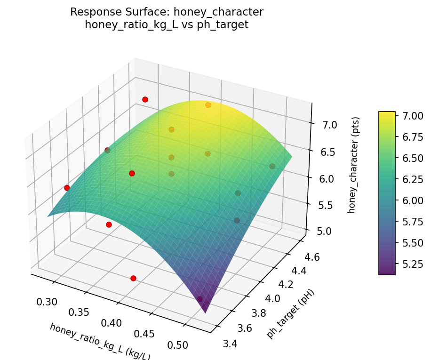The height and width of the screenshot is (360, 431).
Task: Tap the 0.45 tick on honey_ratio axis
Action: tap(145, 334)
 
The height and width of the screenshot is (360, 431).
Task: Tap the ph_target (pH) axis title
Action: tap(290, 313)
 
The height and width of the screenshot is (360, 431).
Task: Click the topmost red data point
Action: tap(145, 99)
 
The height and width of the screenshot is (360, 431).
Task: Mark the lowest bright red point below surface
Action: tap(133, 278)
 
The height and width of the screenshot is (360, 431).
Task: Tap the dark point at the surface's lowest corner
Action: tap(200, 299)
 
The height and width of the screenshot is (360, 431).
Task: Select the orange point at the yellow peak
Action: tap(208, 105)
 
